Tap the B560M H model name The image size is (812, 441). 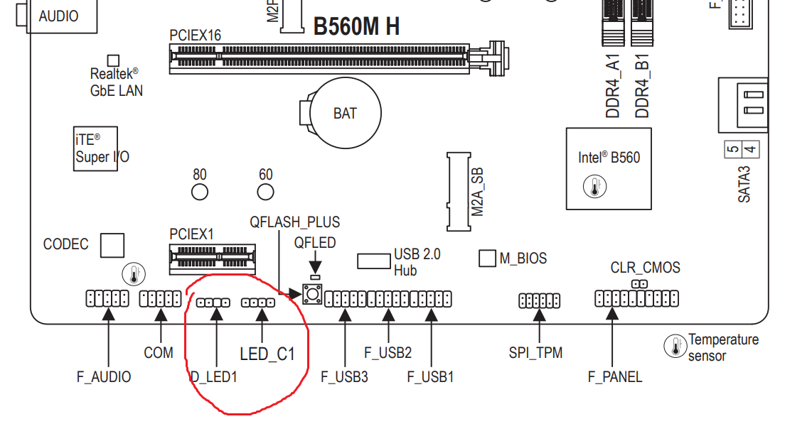click(356, 26)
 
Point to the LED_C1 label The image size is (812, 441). click(267, 354)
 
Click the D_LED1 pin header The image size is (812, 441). click(213, 303)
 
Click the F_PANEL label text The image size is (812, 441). click(615, 377)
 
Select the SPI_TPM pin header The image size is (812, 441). click(539, 301)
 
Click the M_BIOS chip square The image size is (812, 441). click(487, 258)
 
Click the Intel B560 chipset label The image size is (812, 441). click(609, 157)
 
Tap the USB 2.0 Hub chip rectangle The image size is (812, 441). click(373, 261)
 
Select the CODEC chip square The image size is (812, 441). click(112, 245)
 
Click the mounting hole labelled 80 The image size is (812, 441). click(200, 192)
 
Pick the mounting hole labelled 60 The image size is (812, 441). click(265, 192)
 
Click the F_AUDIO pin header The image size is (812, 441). click(107, 298)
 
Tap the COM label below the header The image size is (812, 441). click(159, 352)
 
